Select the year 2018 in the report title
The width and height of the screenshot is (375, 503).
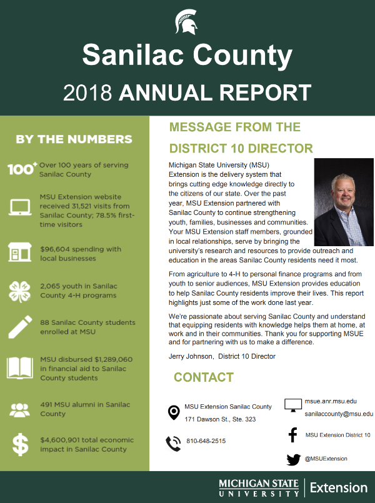(x=87, y=92)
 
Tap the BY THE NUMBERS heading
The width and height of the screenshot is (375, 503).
(x=74, y=139)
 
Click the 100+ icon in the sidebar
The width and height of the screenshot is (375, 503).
(x=22, y=169)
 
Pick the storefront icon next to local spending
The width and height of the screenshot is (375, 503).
(x=21, y=253)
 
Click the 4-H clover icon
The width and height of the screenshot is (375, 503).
(x=21, y=291)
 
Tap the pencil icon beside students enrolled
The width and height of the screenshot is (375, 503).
(x=21, y=327)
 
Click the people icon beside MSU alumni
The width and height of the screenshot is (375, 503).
(x=21, y=410)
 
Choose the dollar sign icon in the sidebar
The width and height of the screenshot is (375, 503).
(x=21, y=444)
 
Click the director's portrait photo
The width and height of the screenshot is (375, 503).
(x=343, y=202)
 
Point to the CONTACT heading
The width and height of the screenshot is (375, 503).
(x=204, y=377)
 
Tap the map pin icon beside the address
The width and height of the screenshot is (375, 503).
(x=174, y=412)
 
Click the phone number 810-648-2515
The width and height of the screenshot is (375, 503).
(x=206, y=441)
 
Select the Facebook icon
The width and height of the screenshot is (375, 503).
(x=292, y=435)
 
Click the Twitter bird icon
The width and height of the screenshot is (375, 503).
(x=293, y=459)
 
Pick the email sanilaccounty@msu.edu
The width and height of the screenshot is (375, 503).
(x=339, y=414)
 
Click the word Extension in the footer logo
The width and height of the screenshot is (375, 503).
(x=339, y=487)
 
